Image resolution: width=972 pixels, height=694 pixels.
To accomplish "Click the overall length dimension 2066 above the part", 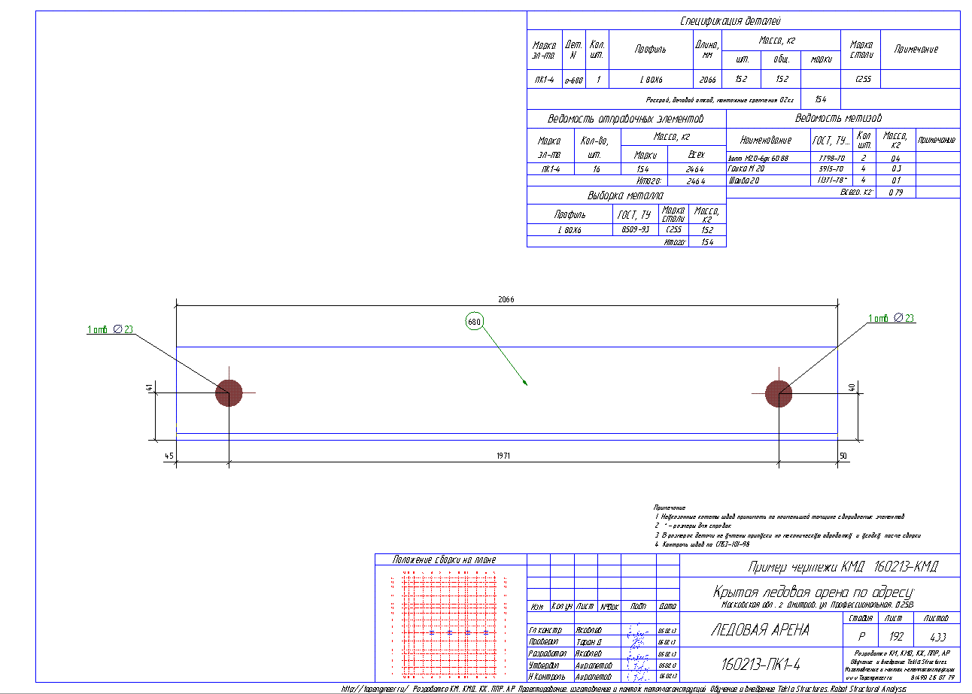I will click(x=506, y=299).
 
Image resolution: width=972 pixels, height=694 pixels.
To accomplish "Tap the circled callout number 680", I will click(x=474, y=321).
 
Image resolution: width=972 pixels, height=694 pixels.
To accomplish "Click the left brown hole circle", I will click(x=229, y=392).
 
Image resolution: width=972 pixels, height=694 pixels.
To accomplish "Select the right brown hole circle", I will click(x=779, y=392).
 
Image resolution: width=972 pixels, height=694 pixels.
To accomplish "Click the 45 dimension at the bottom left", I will click(x=169, y=456).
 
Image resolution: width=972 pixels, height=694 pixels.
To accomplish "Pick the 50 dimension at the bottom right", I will click(x=843, y=456).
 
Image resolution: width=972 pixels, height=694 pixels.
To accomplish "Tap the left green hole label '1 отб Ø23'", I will click(x=110, y=329).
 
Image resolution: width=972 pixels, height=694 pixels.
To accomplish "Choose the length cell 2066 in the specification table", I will click(x=707, y=79).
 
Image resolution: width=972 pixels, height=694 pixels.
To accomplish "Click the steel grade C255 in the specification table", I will click(x=863, y=79).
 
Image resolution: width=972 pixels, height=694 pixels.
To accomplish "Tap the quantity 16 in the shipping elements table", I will click(x=596, y=170).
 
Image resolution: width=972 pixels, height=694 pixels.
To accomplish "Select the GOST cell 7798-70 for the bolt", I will click(x=829, y=159).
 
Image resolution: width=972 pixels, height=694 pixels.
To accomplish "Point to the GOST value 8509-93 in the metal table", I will click(x=636, y=229).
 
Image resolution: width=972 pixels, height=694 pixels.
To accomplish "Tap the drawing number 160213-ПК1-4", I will click(x=761, y=665).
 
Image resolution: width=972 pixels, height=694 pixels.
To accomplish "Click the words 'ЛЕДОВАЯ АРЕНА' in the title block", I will click(x=760, y=630).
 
